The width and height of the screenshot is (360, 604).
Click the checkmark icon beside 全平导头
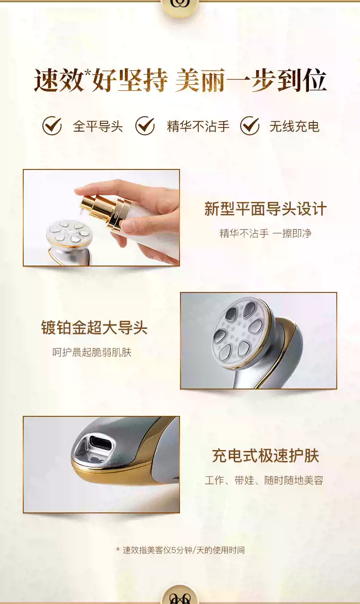(52, 126)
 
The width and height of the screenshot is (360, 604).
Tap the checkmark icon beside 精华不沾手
(145, 126)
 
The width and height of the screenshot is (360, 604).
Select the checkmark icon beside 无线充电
(250, 126)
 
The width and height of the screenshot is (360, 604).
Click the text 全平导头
(98, 126)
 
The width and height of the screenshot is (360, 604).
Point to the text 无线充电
(294, 126)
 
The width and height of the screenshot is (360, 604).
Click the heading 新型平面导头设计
(265, 209)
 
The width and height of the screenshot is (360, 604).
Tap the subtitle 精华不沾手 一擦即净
(265, 234)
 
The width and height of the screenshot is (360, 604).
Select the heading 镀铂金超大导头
(94, 328)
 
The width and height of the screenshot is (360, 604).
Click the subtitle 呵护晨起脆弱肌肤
(92, 352)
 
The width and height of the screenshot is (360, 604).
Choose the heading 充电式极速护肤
(265, 456)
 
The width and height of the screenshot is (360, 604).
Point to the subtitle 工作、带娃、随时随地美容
(264, 480)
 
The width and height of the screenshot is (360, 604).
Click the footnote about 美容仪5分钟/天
(180, 550)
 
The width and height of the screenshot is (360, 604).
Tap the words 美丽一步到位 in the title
(251, 81)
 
